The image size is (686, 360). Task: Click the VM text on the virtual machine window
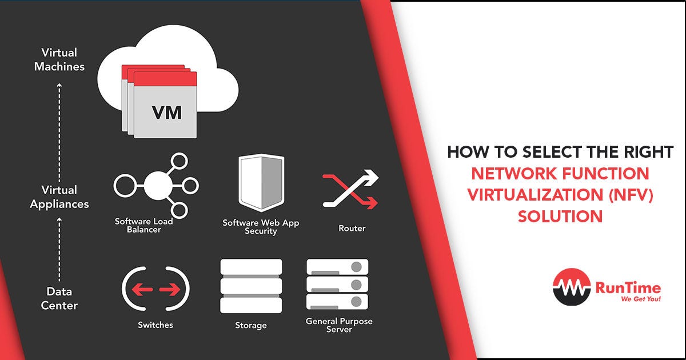coord(166,112)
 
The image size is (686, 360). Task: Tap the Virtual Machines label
coord(59,60)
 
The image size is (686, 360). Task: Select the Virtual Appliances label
coord(59,197)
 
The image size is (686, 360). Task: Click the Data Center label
coord(59,299)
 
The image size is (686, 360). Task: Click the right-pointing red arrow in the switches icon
coord(170,290)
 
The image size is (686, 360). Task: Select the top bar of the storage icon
coord(251,267)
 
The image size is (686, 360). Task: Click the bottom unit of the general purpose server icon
coord(337,301)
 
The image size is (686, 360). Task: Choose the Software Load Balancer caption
coord(143,225)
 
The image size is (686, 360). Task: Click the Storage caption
coord(251,326)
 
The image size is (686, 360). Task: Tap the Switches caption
coord(155,325)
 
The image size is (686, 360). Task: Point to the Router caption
coord(352,229)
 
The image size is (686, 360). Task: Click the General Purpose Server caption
coord(339,325)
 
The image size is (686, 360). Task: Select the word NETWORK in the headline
coord(508,173)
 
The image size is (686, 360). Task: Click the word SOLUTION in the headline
coord(560,217)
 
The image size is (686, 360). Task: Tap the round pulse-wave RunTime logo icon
coord(571,288)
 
